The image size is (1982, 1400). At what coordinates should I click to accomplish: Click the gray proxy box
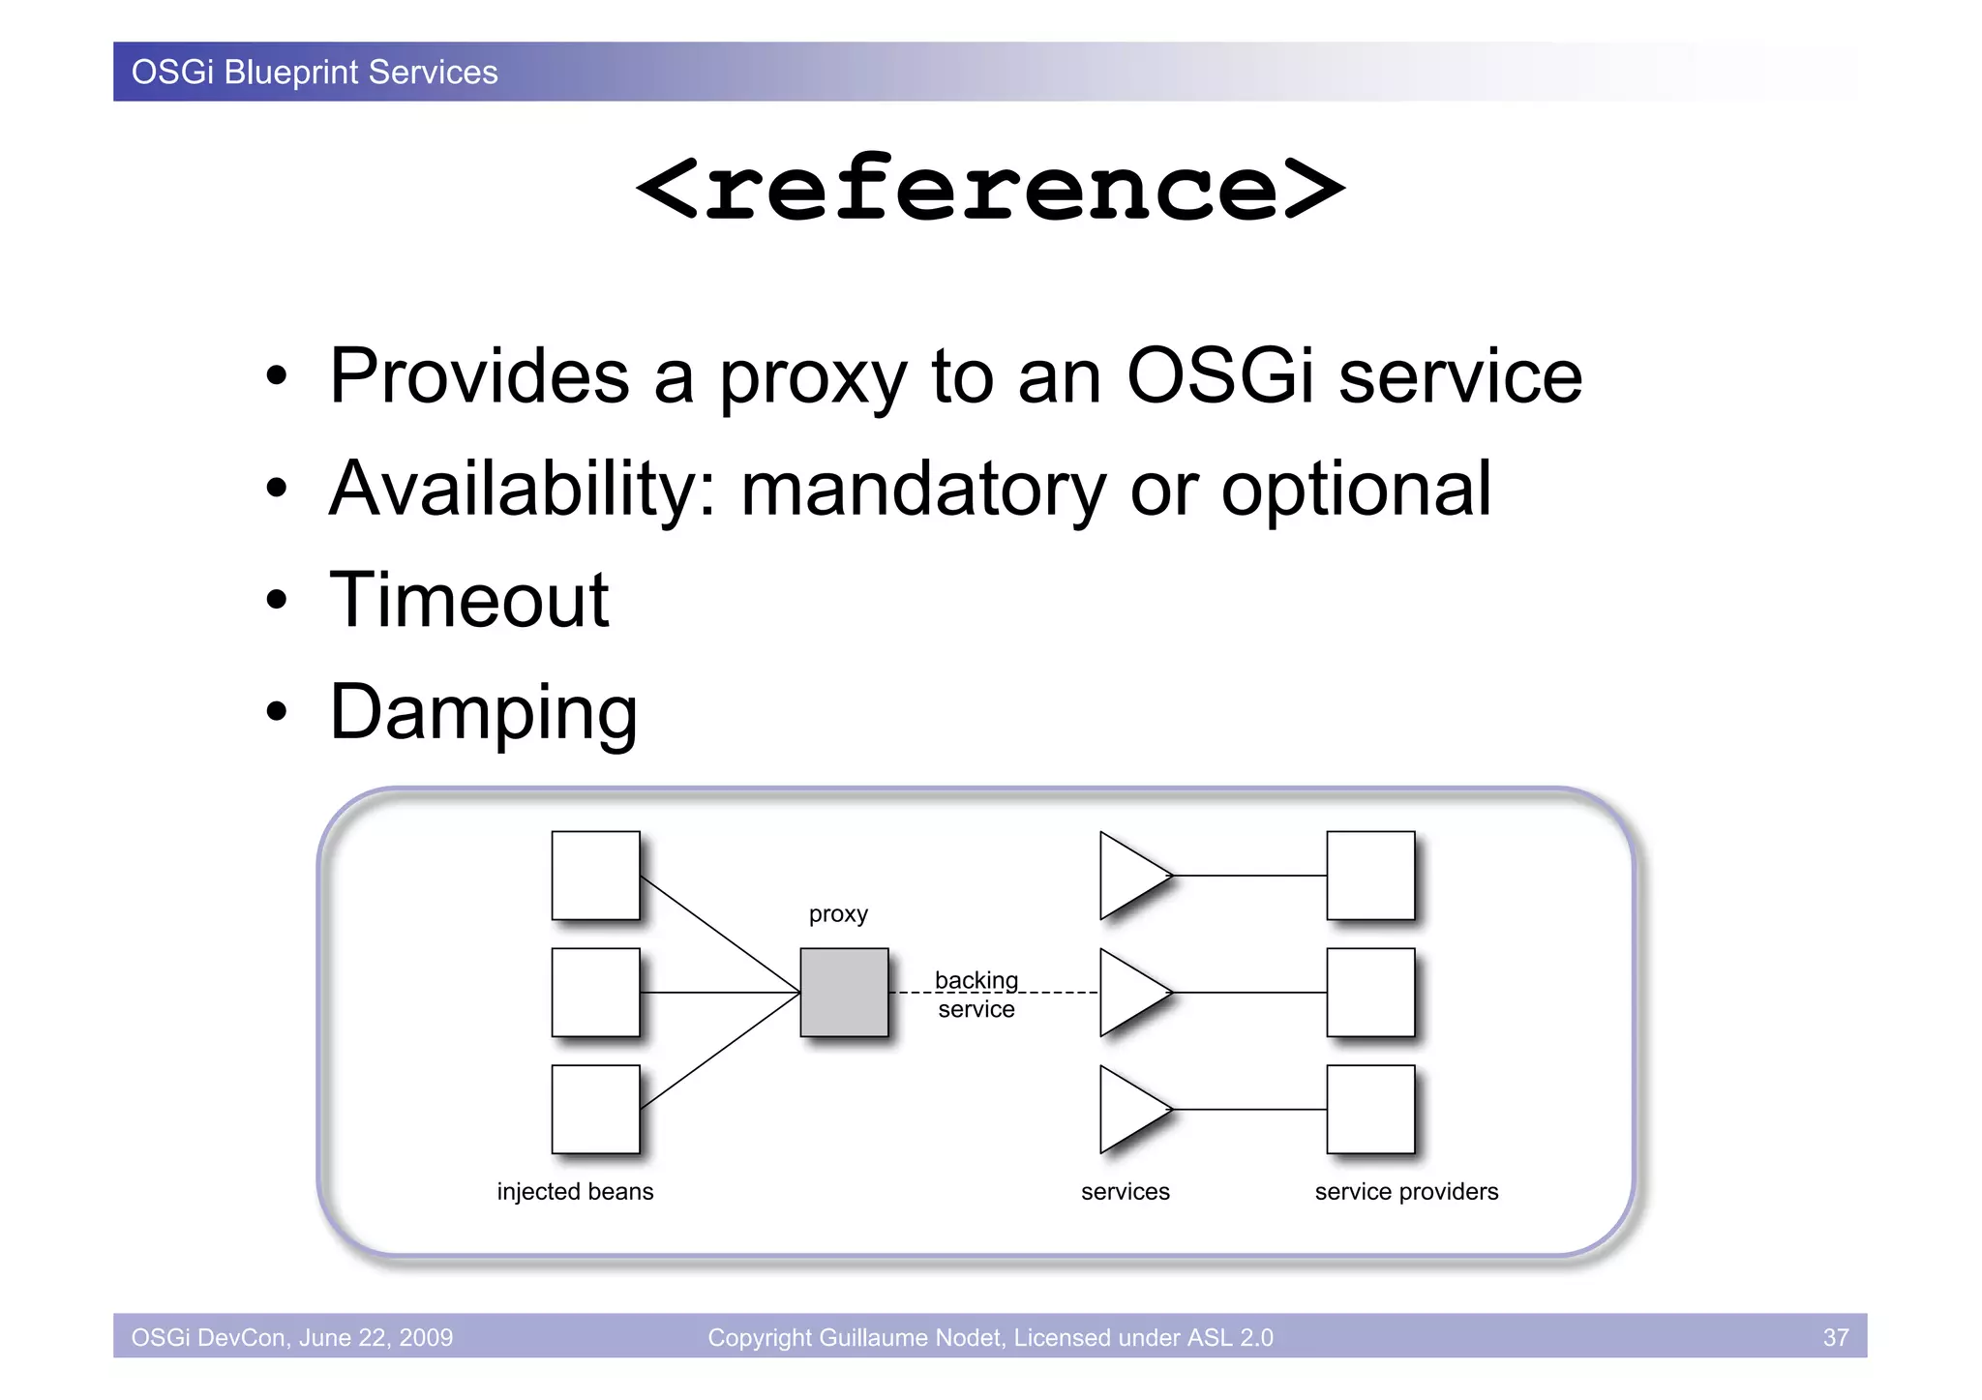[844, 992]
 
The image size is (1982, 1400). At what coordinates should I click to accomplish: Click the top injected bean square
[595, 875]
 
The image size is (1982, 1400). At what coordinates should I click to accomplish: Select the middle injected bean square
[595, 992]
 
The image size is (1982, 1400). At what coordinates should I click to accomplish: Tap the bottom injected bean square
[595, 1109]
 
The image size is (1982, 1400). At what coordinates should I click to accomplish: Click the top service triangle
[1127, 875]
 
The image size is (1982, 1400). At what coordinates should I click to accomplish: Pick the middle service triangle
[1127, 992]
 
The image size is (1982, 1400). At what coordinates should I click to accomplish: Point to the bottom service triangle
[1127, 1109]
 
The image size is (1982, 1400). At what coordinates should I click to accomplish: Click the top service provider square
[1370, 875]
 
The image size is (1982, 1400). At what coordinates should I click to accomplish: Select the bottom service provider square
[1370, 1109]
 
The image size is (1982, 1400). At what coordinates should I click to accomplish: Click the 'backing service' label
[976, 995]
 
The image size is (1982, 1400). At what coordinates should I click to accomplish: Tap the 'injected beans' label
[575, 1191]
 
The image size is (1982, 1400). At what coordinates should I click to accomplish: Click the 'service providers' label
[1406, 1191]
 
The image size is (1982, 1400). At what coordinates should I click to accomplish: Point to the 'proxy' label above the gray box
[838, 914]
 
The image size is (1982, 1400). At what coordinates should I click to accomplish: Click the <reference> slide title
[990, 189]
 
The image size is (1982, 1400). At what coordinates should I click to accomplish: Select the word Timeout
[469, 600]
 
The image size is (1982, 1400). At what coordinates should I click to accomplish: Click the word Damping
[483, 713]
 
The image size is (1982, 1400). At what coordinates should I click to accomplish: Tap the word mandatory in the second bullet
[922, 489]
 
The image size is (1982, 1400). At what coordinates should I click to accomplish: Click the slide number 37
[1835, 1337]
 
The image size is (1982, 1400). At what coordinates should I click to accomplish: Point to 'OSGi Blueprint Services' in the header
[315, 73]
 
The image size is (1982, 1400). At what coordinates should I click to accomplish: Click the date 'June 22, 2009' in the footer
[375, 1337]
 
